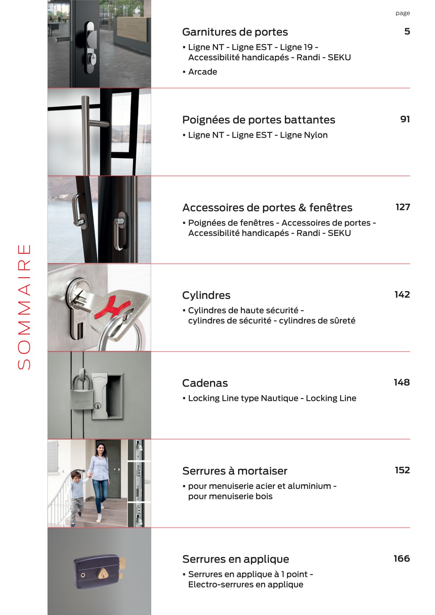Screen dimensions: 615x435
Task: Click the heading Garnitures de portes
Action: [235, 32]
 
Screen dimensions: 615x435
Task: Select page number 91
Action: [405, 119]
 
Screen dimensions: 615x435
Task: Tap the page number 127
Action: [402, 207]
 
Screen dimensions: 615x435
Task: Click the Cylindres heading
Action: [206, 295]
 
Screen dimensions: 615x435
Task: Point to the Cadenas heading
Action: [205, 383]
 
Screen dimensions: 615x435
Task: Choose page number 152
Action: [402, 470]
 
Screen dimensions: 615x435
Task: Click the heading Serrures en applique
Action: [236, 559]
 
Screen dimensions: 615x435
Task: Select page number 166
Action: [401, 558]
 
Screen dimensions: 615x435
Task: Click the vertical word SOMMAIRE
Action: [24, 307]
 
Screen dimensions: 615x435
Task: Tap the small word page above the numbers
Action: [402, 13]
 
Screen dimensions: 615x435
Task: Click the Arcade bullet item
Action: [202, 72]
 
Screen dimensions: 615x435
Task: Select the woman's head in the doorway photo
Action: [100, 448]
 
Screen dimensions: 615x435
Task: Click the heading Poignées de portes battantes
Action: [259, 120]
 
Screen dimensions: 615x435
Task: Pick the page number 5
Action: [407, 31]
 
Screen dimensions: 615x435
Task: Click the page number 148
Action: [401, 382]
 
